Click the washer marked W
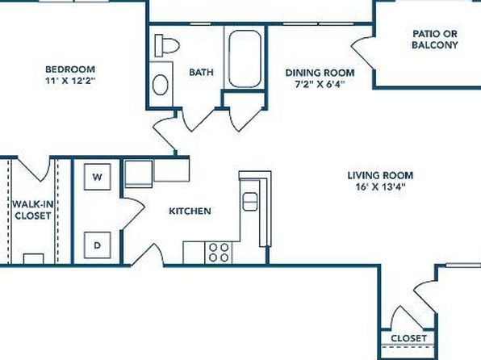pos(97,177)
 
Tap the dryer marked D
pos(97,245)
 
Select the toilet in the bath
pos(166,46)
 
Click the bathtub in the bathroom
pos(245,59)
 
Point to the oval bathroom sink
pos(160,85)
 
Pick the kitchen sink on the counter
pos(250,201)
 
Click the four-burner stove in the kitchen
pos(219,253)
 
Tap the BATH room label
pos(201,72)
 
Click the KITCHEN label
pos(190,211)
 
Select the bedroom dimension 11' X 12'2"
pos(70,81)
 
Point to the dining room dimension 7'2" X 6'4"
pos(320,84)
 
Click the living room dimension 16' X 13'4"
pos(380,186)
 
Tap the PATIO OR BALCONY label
pos(435,40)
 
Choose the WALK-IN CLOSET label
pos(33,210)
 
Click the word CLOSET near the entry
pos(408,338)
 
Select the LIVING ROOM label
pos(380,175)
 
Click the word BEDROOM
pos(70,69)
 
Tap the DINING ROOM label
pos(320,73)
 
